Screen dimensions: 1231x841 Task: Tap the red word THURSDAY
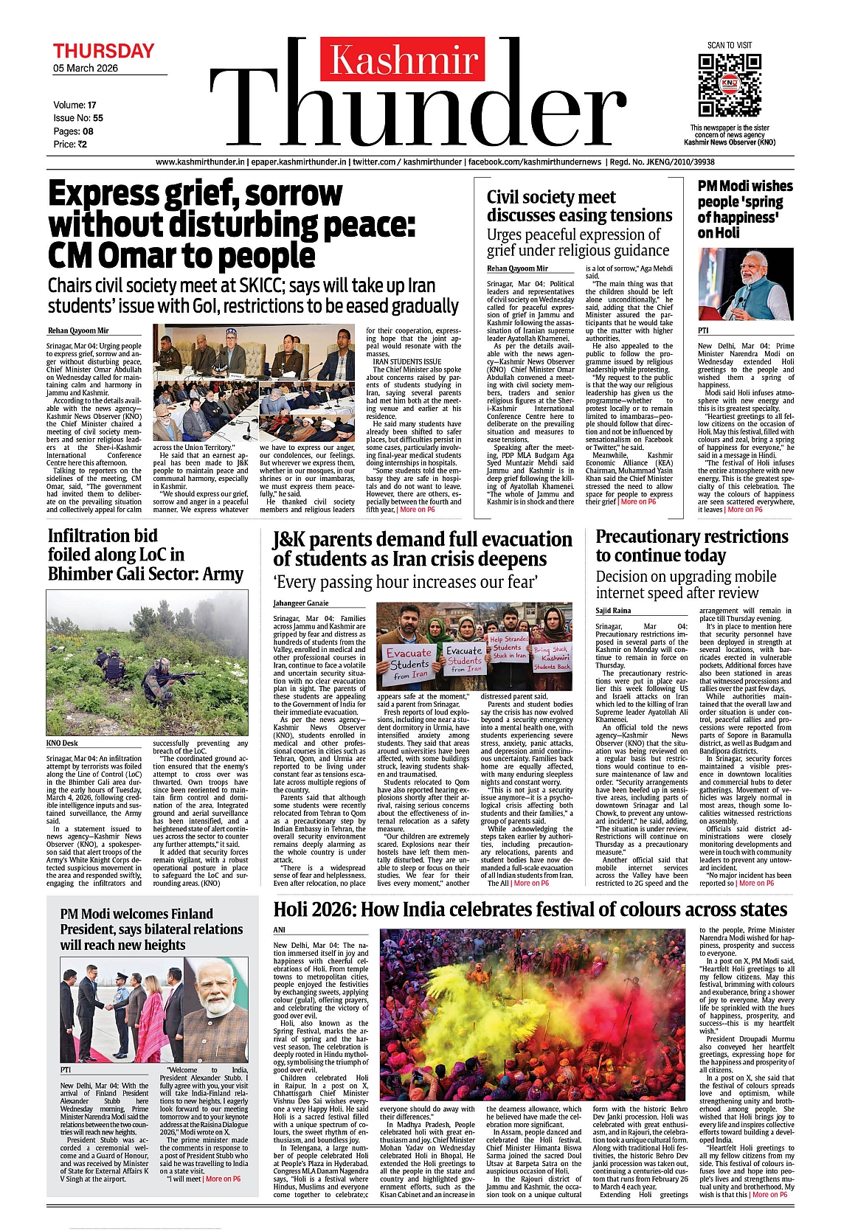(103, 51)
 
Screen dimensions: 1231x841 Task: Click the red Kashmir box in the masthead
(404, 59)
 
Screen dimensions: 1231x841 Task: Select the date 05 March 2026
(86, 69)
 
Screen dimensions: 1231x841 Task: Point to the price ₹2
(82, 145)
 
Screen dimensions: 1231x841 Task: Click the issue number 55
(98, 118)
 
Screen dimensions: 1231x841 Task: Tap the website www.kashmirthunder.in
(200, 162)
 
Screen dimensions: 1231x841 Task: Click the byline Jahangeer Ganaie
(301, 603)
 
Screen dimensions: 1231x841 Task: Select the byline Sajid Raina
(613, 611)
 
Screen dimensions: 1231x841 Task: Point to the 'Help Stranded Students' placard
(508, 647)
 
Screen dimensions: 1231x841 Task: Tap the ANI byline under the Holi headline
(280, 930)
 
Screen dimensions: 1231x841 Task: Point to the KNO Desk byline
(62, 743)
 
